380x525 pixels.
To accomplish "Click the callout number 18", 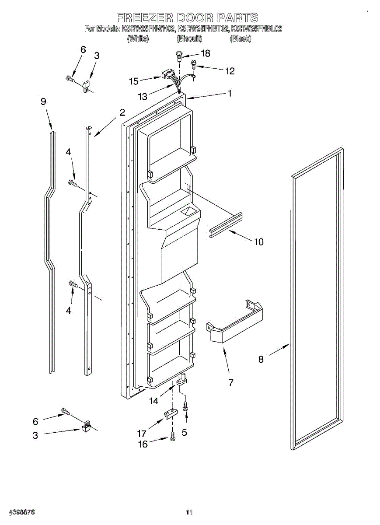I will (x=205, y=53).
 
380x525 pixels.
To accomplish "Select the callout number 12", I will (x=230, y=71).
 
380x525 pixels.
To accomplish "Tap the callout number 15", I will (x=134, y=81).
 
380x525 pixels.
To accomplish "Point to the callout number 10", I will (x=259, y=241).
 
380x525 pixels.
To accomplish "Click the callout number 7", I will (x=230, y=383).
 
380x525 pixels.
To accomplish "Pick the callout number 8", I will (x=261, y=359).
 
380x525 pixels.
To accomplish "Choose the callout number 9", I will (x=43, y=101).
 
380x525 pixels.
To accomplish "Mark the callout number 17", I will (x=142, y=434).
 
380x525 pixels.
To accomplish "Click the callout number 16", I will (x=143, y=444).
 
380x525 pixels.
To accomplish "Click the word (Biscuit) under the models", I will (x=189, y=38).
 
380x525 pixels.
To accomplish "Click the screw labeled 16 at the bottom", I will (x=173, y=436).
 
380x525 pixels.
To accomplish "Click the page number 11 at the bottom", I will (x=189, y=512).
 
